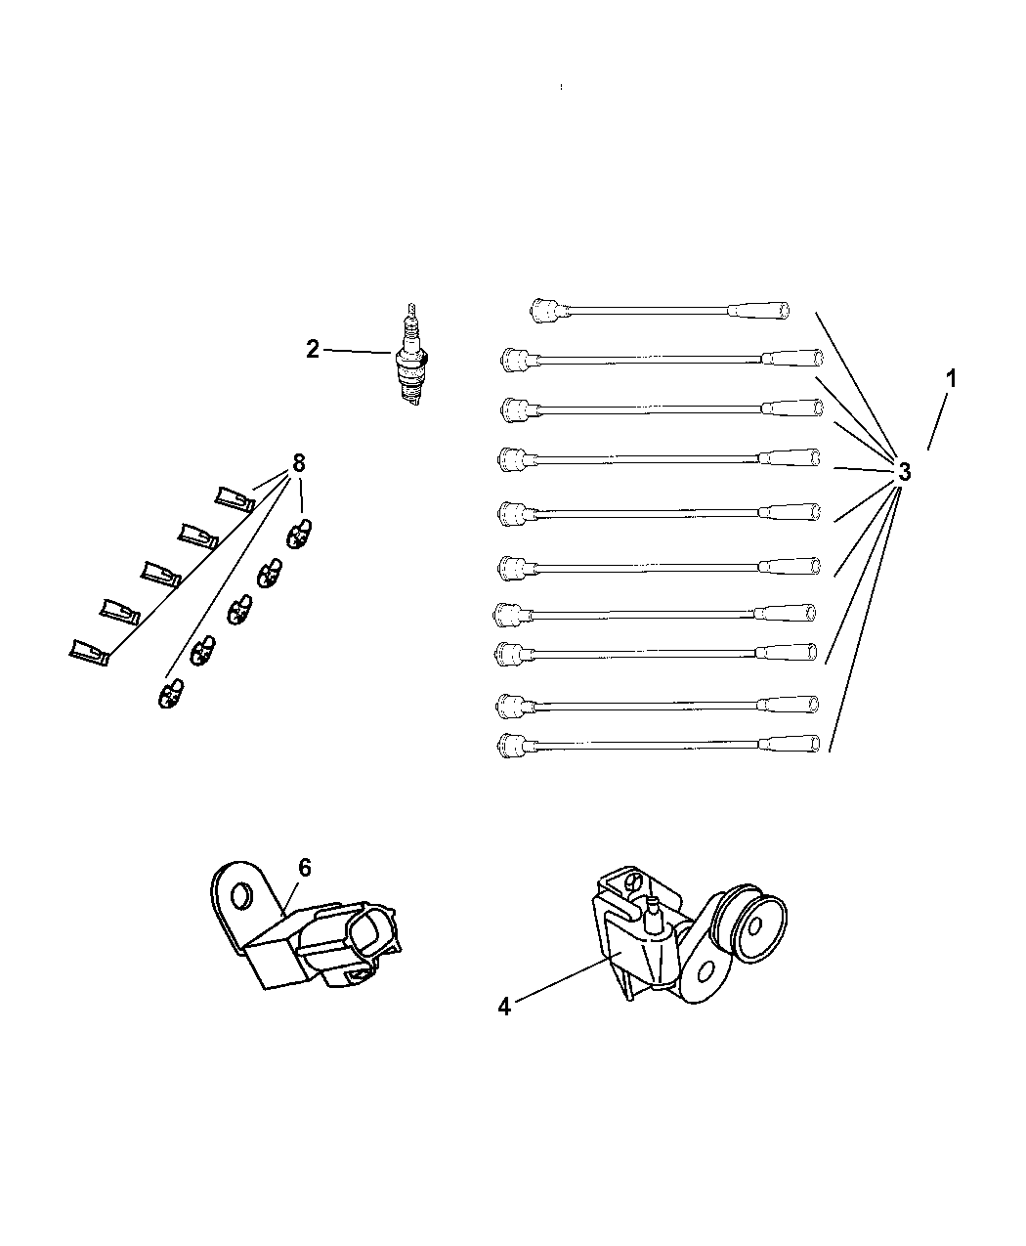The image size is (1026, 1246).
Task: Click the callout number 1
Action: (952, 378)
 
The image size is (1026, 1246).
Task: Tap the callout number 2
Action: (312, 349)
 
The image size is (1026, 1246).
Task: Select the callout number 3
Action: (904, 471)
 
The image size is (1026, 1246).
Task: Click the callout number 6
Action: (305, 868)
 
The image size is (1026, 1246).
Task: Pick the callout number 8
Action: (298, 462)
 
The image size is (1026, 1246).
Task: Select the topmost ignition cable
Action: (660, 311)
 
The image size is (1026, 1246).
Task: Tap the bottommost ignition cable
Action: (659, 746)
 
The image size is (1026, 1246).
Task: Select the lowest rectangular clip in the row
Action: (89, 652)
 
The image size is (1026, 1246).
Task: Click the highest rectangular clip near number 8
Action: (235, 498)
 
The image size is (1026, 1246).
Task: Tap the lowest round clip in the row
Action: (171, 694)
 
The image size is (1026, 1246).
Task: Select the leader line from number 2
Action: (357, 352)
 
